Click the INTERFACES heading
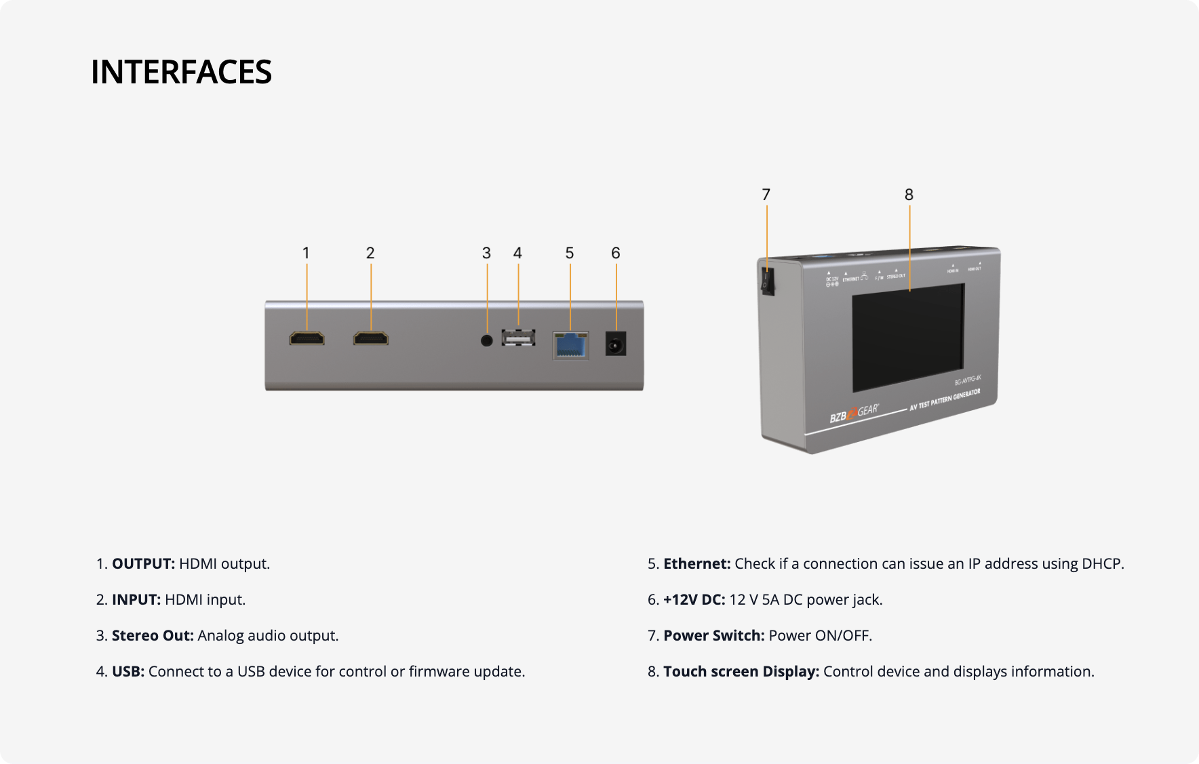181,72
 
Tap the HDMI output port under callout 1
307,338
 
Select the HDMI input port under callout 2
370,338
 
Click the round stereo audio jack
486,340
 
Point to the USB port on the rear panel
518,338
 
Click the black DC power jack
615,345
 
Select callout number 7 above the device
766,195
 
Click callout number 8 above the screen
909,195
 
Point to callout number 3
486,254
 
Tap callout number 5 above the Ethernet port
570,254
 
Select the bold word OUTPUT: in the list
143,564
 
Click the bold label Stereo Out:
153,636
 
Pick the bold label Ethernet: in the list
696,564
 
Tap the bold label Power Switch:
713,636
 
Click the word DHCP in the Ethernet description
1103,564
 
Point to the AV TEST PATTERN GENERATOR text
945,401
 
